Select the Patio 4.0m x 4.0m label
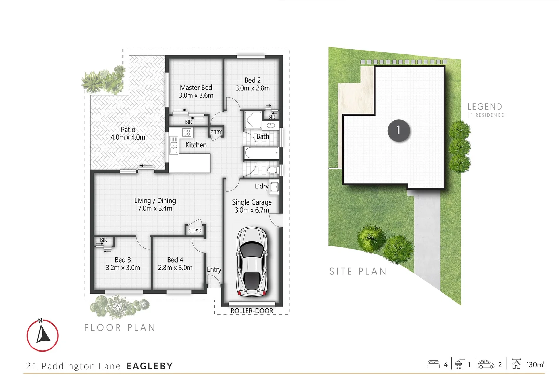click(128, 133)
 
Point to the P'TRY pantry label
click(216, 132)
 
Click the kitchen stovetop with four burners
click(187, 132)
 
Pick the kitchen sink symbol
click(173, 145)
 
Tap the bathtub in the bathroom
click(261, 153)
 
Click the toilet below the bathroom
click(273, 170)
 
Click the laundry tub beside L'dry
click(274, 187)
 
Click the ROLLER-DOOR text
click(252, 311)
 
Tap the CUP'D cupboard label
click(195, 231)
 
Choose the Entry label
click(214, 269)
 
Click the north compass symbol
click(43, 335)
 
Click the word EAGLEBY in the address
click(149, 366)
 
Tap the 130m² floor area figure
click(535, 365)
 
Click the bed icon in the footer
click(433, 364)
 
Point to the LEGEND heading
click(485, 107)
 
